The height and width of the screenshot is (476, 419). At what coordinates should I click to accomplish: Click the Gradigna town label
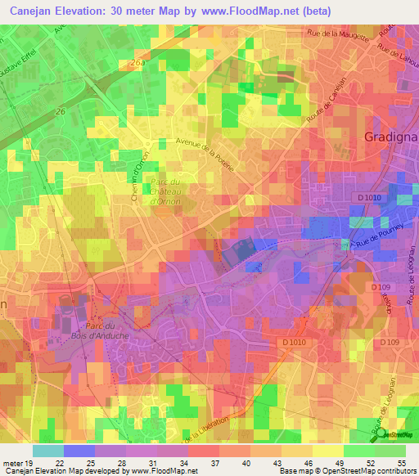pos(390,137)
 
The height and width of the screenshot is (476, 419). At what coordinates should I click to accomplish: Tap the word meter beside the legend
pos(11,462)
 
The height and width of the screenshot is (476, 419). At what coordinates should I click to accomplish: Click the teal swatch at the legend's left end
pos(47,451)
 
